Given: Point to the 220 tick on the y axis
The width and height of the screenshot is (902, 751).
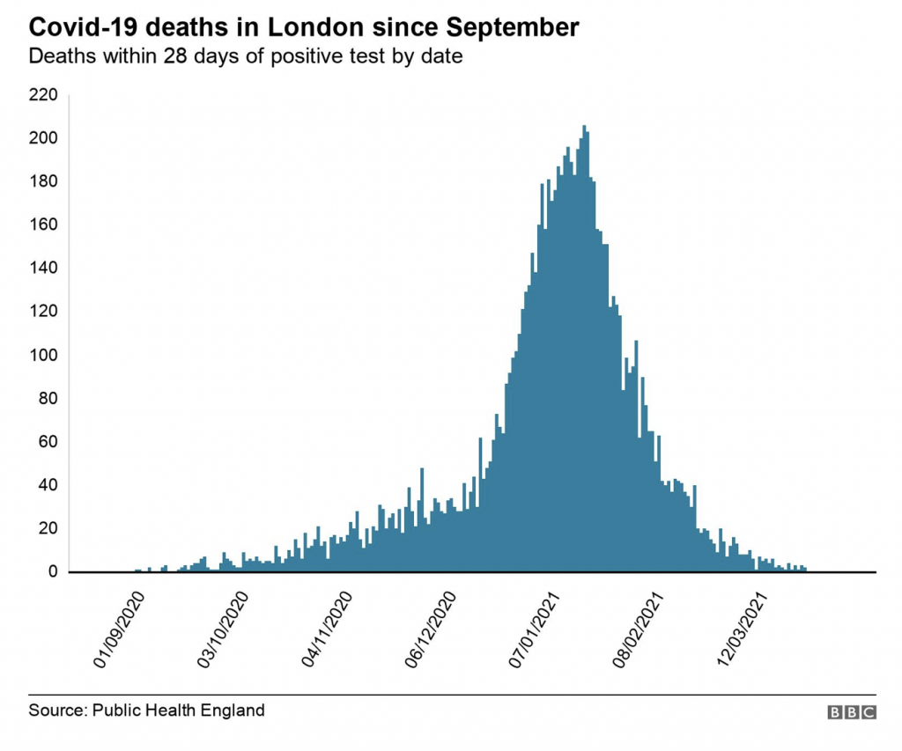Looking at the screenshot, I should pos(44,94).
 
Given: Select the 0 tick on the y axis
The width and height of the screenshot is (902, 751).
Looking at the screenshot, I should pos(52,572).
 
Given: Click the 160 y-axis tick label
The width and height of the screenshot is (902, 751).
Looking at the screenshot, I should pos(44,225).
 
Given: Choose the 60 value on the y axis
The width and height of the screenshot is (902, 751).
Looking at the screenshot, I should pos(48,442).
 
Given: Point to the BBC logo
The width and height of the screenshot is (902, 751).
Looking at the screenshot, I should pos(852,712).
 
